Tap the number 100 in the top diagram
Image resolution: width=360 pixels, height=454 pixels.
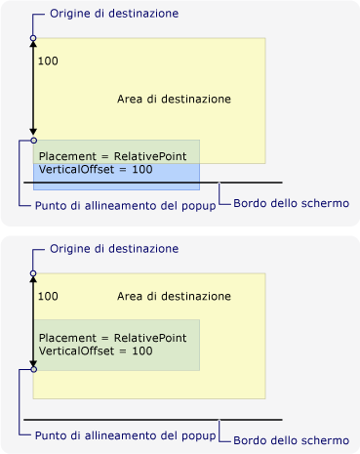[x=48, y=61]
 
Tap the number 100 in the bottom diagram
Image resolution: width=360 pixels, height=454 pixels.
[x=48, y=295]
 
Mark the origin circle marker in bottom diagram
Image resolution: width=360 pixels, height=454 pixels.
[x=33, y=273]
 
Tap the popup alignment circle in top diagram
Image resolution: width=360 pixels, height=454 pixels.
[x=33, y=140]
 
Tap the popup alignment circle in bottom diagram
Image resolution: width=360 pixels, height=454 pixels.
[x=33, y=370]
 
